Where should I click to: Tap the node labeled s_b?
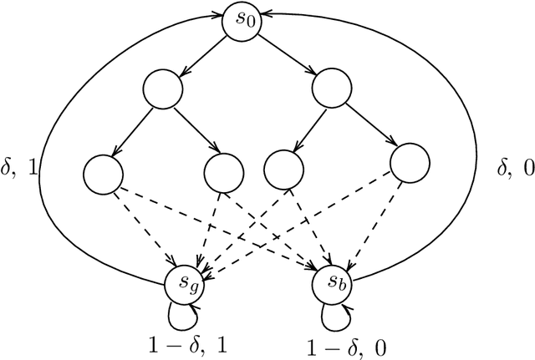pos(331,286)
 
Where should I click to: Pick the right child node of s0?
pos(330,88)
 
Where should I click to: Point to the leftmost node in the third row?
pos(104,172)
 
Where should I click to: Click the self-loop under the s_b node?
pos(331,315)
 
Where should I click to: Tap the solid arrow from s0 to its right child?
pos(286,54)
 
